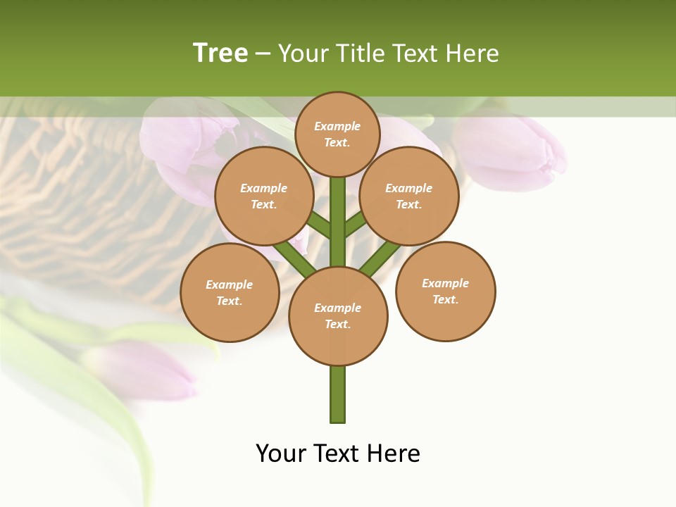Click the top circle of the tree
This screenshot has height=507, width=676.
(x=337, y=134)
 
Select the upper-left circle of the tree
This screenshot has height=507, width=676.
(x=264, y=196)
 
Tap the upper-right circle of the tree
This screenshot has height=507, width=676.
(x=409, y=196)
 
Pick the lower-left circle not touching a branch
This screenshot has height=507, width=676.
(x=230, y=292)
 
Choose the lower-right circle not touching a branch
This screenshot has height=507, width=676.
(x=446, y=291)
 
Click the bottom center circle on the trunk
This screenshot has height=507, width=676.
(x=338, y=316)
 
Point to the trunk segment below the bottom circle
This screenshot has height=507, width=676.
(x=338, y=394)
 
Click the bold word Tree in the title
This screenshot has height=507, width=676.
(x=220, y=53)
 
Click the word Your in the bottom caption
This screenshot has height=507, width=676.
(x=282, y=453)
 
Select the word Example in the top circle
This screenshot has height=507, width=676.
(x=337, y=126)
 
